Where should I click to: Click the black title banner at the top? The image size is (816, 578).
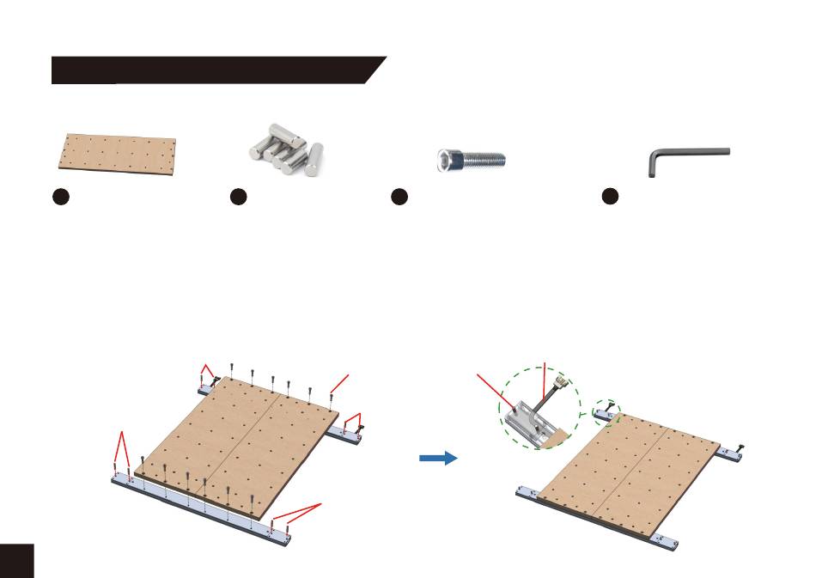tap(215, 70)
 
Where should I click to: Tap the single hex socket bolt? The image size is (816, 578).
tap(469, 160)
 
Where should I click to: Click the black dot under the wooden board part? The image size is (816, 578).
tap(59, 198)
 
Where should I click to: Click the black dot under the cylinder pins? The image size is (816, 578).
tap(239, 198)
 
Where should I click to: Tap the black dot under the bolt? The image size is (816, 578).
tap(399, 198)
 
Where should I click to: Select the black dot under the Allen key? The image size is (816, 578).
tap(610, 198)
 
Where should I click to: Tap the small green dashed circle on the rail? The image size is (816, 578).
tap(606, 412)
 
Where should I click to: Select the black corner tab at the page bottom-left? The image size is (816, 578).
tap(16, 560)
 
